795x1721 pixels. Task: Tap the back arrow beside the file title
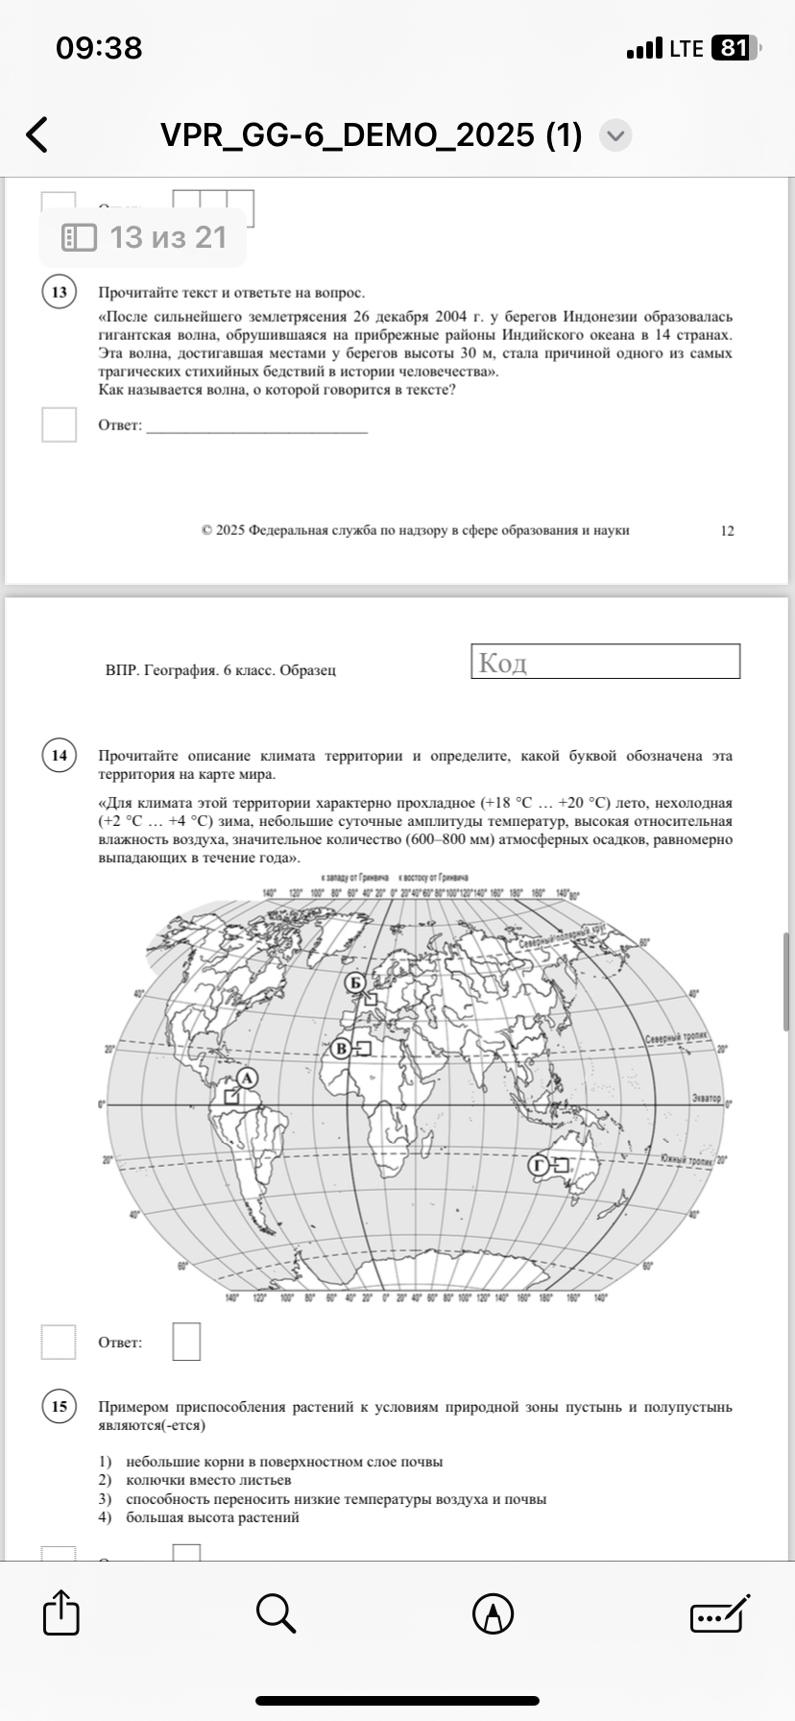coord(36,135)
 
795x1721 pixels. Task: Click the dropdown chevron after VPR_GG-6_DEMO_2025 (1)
coord(615,135)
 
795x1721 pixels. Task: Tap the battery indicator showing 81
coord(735,48)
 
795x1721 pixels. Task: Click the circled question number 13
coord(60,292)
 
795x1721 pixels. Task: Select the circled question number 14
coord(60,755)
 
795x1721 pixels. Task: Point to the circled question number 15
coord(60,1406)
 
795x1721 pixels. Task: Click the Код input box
coord(605,662)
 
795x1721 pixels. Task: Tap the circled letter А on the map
coord(247,1079)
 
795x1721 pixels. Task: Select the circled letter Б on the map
coord(355,982)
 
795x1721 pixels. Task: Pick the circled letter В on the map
coord(341,1049)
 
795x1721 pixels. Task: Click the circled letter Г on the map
coord(539,1165)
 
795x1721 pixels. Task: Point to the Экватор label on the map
coord(706,1097)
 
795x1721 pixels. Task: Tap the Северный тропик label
coord(675,1039)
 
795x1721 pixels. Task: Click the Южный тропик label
coord(687,1159)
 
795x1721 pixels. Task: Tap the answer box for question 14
coord(186,1342)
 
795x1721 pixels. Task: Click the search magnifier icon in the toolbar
coord(276,1613)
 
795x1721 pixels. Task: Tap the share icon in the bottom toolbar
coord(61,1613)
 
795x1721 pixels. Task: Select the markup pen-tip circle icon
coord(493,1613)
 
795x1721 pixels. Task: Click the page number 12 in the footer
coord(727,530)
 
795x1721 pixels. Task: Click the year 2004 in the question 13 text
coord(451,317)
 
